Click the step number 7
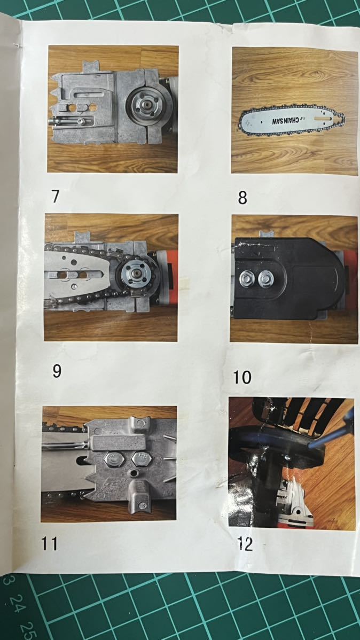coord(56,196)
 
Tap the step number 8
coord(242,198)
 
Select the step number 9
coord(57,371)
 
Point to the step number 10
coord(242,377)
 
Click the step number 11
coord(49,543)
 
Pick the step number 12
coord(245,544)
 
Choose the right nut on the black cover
coord(265,279)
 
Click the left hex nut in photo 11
coord(114,459)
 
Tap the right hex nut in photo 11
coord(142,459)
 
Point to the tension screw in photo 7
coord(67,121)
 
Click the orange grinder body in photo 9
coord(167,278)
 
